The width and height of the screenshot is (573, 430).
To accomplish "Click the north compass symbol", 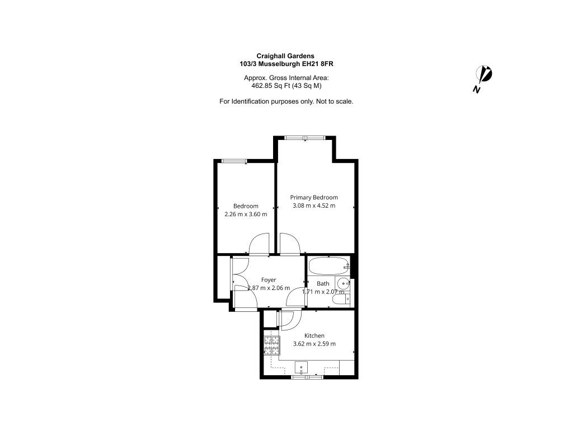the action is [x=483, y=78].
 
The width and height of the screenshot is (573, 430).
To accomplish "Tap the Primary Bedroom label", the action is [x=314, y=198].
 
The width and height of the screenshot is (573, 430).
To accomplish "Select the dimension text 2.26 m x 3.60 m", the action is [x=246, y=214].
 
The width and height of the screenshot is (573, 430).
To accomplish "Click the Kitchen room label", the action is [x=314, y=336].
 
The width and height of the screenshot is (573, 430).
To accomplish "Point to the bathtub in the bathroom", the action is [x=329, y=266].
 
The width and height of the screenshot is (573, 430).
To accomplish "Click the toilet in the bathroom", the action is [x=341, y=300].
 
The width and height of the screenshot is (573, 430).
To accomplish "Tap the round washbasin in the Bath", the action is [x=343, y=283].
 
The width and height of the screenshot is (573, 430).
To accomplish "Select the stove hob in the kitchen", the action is [x=272, y=345].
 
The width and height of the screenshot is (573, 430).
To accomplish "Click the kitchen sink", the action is [x=301, y=367].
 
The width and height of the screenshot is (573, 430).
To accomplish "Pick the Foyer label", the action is [x=269, y=280].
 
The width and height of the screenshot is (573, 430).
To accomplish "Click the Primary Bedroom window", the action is [x=305, y=138].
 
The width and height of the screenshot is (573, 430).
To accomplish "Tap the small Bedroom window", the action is [x=234, y=161].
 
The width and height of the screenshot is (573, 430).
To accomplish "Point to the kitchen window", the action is [x=307, y=377].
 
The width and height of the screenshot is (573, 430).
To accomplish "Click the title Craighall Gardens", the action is [x=285, y=56].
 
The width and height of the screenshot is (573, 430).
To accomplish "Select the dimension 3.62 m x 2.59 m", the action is [x=314, y=344].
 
